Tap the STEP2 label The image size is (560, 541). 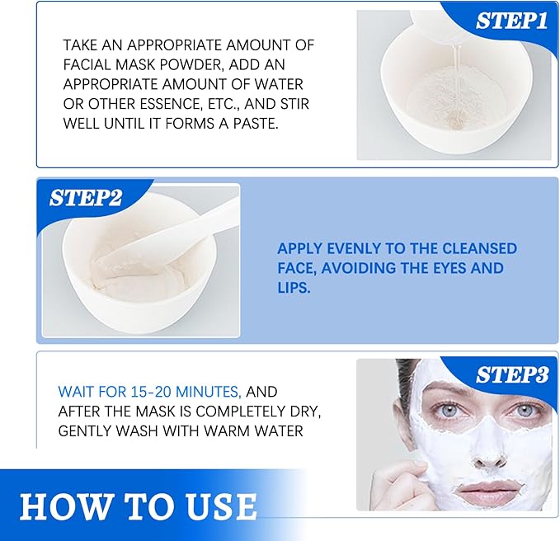point(86,198)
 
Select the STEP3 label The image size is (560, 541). point(511,375)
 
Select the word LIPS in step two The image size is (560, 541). point(294,288)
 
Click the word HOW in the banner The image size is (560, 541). point(63,506)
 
